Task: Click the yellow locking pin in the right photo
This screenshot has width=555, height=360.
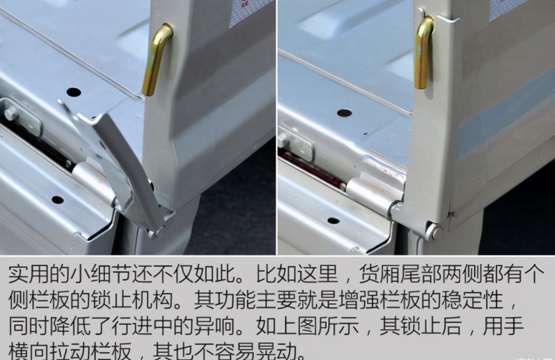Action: pyautogui.click(x=423, y=52)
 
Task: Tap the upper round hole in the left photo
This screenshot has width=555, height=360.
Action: pyautogui.click(x=74, y=92)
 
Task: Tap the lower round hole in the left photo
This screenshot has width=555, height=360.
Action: pyautogui.click(x=58, y=200)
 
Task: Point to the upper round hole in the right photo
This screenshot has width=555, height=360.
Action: pyautogui.click(x=344, y=113)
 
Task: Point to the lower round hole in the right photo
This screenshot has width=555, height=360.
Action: pyautogui.click(x=333, y=220)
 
